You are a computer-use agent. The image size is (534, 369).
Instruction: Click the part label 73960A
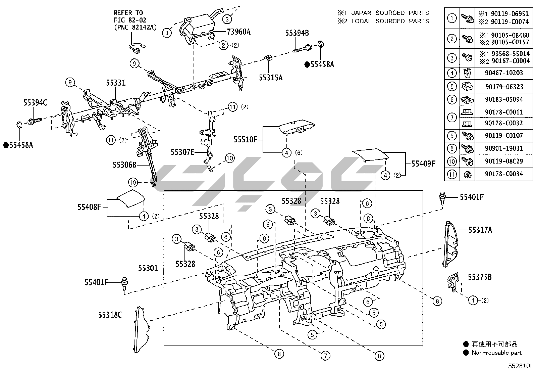[x=238, y=32]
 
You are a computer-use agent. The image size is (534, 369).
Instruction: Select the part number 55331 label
[x=116, y=83]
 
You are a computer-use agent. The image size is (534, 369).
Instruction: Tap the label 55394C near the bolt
[x=35, y=103]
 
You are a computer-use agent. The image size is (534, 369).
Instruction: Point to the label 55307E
[x=182, y=152]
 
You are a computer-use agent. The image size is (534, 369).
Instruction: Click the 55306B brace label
[x=124, y=165]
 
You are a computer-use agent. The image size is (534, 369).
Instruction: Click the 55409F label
[x=423, y=164]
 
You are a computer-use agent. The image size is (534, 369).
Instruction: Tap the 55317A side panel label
[x=480, y=230]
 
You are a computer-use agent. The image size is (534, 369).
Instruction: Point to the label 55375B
[x=480, y=277]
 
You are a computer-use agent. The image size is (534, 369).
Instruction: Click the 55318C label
[x=110, y=315]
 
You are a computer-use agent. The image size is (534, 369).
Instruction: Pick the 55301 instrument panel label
[x=148, y=268]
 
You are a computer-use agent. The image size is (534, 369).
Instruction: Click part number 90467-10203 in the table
[x=504, y=73]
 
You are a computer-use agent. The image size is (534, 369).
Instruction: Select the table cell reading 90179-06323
[x=504, y=87]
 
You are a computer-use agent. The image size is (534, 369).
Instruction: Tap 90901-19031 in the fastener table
[x=504, y=148]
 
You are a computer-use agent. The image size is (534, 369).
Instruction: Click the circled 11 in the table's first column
[x=452, y=174]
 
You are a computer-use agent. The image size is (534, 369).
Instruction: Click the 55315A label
[x=270, y=78]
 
